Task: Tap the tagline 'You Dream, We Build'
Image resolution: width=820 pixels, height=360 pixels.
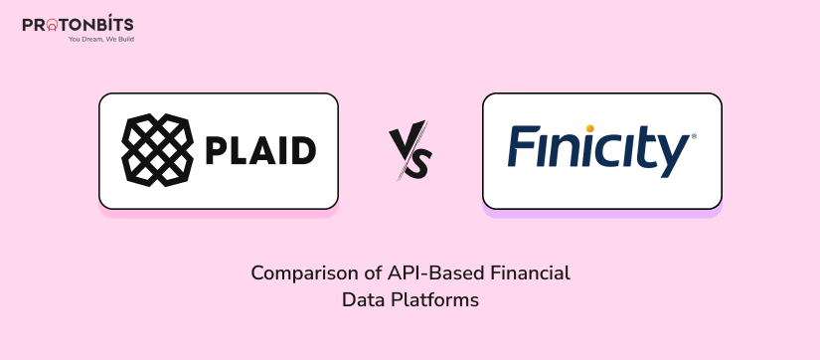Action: coord(100,40)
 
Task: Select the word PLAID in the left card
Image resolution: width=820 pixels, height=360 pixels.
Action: coord(260,151)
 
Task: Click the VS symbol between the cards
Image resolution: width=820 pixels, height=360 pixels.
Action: coord(409,150)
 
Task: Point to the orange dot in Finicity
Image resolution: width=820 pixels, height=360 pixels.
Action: coord(589,128)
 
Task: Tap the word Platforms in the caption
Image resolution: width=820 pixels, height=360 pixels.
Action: coord(437,298)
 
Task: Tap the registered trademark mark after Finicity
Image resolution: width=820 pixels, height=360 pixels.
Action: coord(693,135)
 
